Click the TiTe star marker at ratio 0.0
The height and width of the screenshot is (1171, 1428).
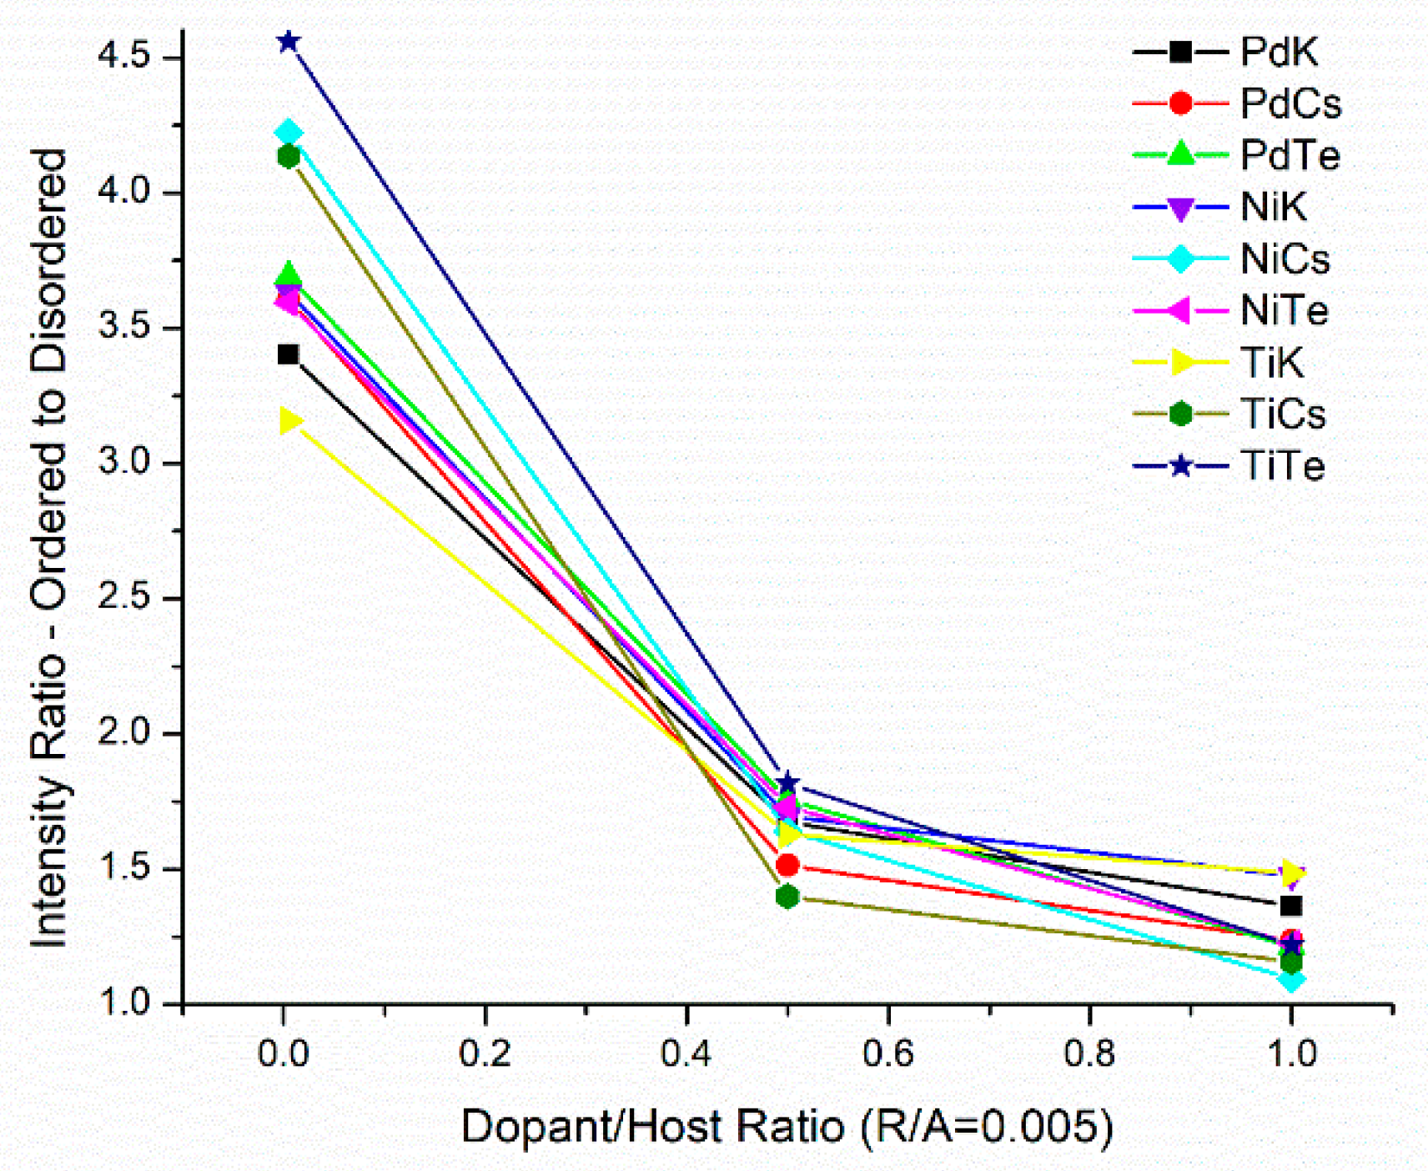[289, 42]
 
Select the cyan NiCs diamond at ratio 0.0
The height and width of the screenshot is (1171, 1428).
[289, 133]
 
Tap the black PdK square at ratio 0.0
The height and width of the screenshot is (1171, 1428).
[288, 354]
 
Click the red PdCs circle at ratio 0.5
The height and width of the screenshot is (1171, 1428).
[787, 865]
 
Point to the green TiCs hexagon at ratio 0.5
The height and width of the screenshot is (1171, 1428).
[787, 897]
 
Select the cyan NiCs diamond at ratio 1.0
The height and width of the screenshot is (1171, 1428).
[1291, 980]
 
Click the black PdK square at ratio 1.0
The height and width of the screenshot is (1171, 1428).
[1291, 906]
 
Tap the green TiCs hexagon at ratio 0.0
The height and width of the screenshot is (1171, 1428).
[289, 156]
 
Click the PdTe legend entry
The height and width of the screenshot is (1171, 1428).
[1290, 155]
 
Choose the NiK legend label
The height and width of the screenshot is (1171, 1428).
[1273, 207]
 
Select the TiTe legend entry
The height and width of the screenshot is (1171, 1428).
[1282, 465]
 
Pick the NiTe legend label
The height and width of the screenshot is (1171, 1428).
[1284, 310]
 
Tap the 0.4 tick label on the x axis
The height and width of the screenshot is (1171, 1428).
[686, 1054]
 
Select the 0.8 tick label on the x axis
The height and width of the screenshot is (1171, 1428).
[1089, 1054]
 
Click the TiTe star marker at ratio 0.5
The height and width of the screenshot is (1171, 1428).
[787, 783]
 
